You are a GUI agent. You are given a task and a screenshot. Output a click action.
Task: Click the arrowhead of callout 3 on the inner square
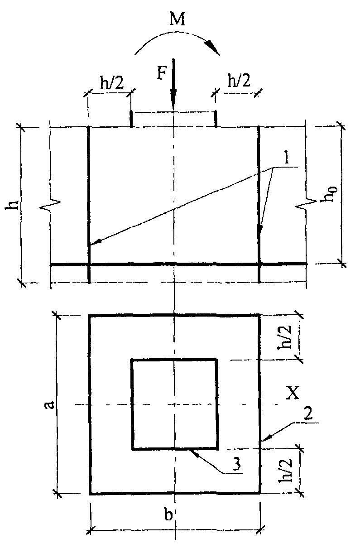pos(193,451)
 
